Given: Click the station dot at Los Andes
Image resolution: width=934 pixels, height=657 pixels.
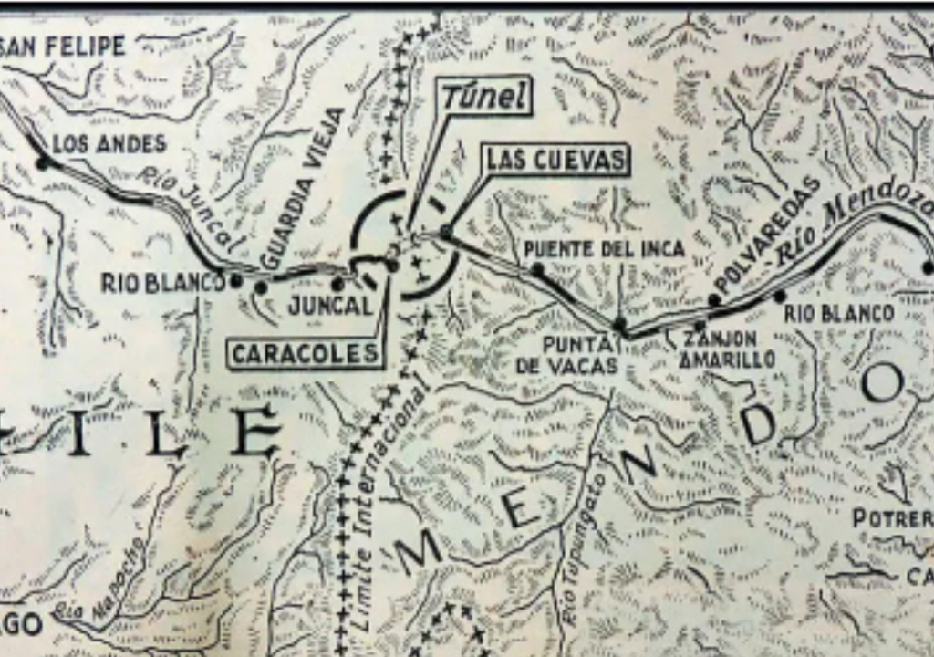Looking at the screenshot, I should tap(42, 163).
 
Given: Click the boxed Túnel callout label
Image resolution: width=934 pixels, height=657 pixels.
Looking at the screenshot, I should tap(486, 96).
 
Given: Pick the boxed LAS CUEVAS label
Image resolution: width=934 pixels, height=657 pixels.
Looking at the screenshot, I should tap(556, 160).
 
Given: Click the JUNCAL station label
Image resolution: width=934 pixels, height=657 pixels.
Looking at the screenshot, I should tap(330, 306).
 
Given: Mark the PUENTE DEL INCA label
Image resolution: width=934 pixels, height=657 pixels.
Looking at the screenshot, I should tap(604, 248).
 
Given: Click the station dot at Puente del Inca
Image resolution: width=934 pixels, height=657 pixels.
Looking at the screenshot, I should tap(537, 269).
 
